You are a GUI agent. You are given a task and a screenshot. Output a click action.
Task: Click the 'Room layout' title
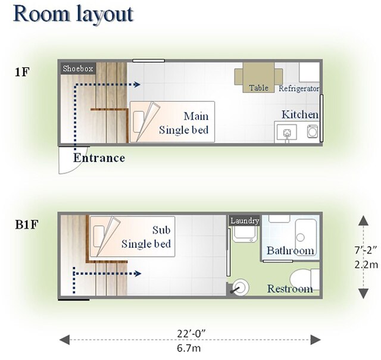[73, 14]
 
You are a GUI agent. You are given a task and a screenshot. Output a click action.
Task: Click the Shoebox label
[78, 68]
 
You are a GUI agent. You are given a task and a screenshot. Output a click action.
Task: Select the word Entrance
[99, 158]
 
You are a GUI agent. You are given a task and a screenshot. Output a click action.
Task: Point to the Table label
[258, 88]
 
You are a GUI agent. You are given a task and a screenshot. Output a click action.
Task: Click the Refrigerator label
[299, 88]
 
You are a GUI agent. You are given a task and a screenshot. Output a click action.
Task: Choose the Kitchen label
[300, 114]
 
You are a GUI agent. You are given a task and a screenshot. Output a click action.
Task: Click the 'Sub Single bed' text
[146, 237]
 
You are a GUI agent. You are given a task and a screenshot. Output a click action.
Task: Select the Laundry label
[245, 221]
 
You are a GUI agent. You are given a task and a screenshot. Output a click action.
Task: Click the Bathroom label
[290, 250]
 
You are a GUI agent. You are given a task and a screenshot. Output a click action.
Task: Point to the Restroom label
[289, 289]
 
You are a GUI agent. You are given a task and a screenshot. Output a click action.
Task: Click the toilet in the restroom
[304, 279]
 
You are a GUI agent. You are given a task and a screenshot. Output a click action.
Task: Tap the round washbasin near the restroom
[240, 288]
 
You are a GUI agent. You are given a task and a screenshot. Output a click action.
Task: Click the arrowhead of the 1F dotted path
[137, 84]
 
